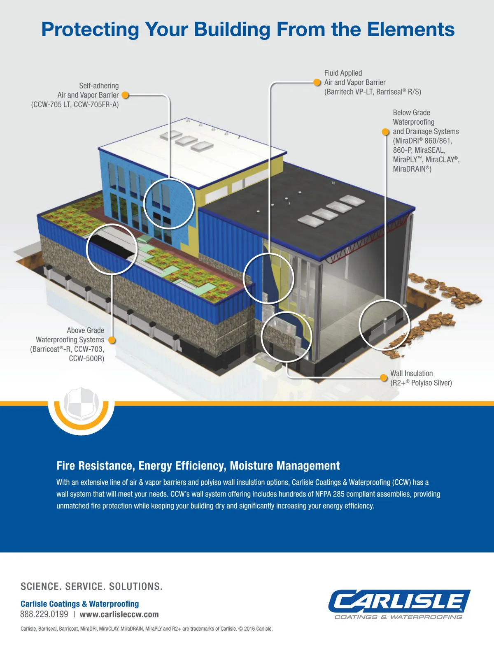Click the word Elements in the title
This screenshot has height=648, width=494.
pyautogui.click(x=410, y=30)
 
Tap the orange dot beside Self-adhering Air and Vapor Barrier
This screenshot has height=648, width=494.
pyautogui.click(x=126, y=95)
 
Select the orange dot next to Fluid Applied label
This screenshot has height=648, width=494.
pyautogui.click(x=317, y=82)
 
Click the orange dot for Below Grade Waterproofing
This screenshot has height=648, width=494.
pyautogui.click(x=385, y=132)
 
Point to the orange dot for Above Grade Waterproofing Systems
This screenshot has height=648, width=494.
pyautogui.click(x=112, y=340)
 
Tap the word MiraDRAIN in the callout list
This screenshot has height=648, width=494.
pyautogui.click(x=409, y=169)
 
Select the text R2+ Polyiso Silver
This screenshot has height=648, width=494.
pyautogui.click(x=421, y=383)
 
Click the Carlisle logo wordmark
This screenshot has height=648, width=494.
pyautogui.click(x=399, y=602)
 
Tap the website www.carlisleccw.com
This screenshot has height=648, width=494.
pyautogui.click(x=119, y=615)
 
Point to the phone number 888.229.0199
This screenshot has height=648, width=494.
pyautogui.click(x=44, y=615)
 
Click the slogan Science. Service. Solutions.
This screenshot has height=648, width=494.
pyautogui.click(x=91, y=586)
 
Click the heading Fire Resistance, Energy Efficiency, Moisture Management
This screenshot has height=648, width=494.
pyautogui.click(x=198, y=466)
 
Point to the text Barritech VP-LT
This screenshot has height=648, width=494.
pyautogui.click(x=349, y=92)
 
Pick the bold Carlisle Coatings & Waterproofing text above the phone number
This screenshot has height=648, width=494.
pyautogui.click(x=79, y=604)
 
